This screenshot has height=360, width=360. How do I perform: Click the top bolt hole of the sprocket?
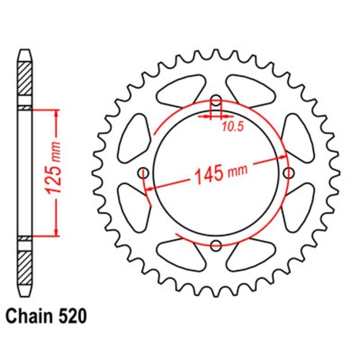tap(215, 100)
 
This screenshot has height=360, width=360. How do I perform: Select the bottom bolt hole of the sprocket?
tap(215, 246)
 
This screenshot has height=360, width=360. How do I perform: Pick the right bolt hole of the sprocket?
tap(289, 173)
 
